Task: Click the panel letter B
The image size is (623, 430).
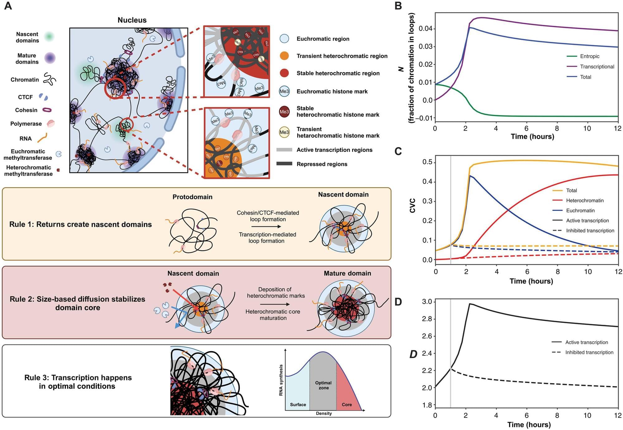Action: tap(398, 6)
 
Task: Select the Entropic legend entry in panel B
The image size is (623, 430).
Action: tap(589, 56)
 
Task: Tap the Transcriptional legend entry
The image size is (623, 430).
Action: tap(597, 67)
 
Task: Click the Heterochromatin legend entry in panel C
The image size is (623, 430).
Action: tap(584, 201)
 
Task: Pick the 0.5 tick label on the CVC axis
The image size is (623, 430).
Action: tap(427, 162)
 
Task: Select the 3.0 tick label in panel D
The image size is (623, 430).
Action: tap(427, 302)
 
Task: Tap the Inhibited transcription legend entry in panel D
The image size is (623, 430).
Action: tap(589, 352)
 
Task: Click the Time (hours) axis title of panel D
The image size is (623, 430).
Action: tap(529, 425)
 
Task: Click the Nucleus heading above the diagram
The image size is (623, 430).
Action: tap(132, 20)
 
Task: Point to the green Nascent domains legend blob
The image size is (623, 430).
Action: tap(49, 37)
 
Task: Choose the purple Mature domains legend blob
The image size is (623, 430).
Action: tap(50, 58)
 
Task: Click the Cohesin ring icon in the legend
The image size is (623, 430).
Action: tap(47, 110)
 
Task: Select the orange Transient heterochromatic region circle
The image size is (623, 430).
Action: tap(284, 56)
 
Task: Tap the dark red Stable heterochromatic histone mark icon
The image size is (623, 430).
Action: tap(284, 111)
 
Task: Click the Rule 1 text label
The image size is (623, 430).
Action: tap(80, 224)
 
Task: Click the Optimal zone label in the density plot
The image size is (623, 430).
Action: tap(323, 385)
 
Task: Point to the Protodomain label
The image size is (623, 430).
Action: tap(192, 197)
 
